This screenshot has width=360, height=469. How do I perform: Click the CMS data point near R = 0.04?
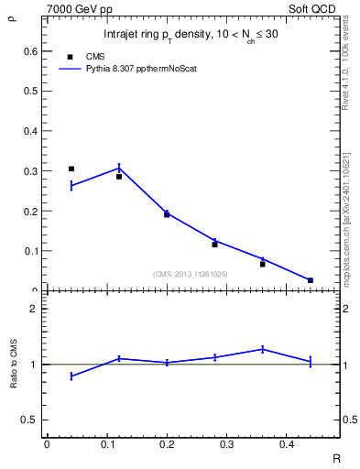tap(71, 169)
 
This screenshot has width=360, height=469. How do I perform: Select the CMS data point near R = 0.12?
tap(119, 177)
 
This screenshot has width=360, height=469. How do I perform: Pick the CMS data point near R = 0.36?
tap(263, 264)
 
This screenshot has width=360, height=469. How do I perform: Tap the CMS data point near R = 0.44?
tap(311, 280)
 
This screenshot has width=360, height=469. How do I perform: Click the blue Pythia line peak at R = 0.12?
tap(119, 168)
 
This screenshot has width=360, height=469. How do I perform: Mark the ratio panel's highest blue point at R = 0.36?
tap(263, 349)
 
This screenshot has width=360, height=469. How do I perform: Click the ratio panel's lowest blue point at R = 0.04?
tap(71, 376)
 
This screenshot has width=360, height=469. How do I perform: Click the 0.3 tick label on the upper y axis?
tap(32, 171)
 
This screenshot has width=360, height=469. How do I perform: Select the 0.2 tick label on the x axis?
tap(167, 444)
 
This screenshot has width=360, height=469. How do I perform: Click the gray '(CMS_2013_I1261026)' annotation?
tap(191, 273)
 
